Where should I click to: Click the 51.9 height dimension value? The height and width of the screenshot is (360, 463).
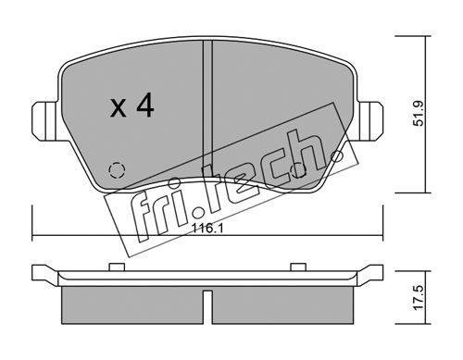(x=419, y=114)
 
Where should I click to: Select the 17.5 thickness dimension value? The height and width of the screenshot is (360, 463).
(x=419, y=298)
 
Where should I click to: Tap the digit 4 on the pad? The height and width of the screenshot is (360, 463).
(x=145, y=106)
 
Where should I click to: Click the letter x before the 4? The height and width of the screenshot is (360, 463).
(x=119, y=108)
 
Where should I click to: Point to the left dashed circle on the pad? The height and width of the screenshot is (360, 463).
(x=117, y=170)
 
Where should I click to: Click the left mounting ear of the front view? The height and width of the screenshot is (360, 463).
(x=44, y=121)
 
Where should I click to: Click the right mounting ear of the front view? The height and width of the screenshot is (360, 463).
(x=370, y=121)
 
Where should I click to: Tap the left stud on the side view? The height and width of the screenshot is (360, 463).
(x=117, y=267)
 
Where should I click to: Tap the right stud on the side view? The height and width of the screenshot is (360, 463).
(x=298, y=267)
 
